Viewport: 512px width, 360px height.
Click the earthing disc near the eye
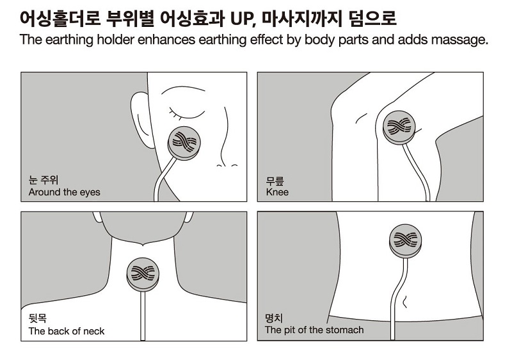tap(184, 143)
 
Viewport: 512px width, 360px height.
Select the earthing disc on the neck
tap(143, 274)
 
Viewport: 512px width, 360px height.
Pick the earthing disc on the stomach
tap(406, 241)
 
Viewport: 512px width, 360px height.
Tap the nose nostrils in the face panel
tap(227, 166)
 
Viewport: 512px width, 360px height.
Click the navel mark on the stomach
tap(405, 301)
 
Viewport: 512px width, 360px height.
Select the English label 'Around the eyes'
tap(65, 192)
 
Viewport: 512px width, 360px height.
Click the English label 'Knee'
tap(277, 192)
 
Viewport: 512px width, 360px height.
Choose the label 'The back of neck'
tap(67, 331)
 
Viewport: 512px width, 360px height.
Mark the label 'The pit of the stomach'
tap(314, 330)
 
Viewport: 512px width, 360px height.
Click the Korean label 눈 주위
tap(44, 180)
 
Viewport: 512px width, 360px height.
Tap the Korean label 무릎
tap(275, 181)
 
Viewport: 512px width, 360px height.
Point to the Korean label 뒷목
tap(38, 318)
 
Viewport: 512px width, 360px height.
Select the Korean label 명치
tap(274, 318)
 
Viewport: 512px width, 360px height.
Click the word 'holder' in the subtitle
tap(116, 40)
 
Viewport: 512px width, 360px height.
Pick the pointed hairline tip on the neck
tap(143, 245)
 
